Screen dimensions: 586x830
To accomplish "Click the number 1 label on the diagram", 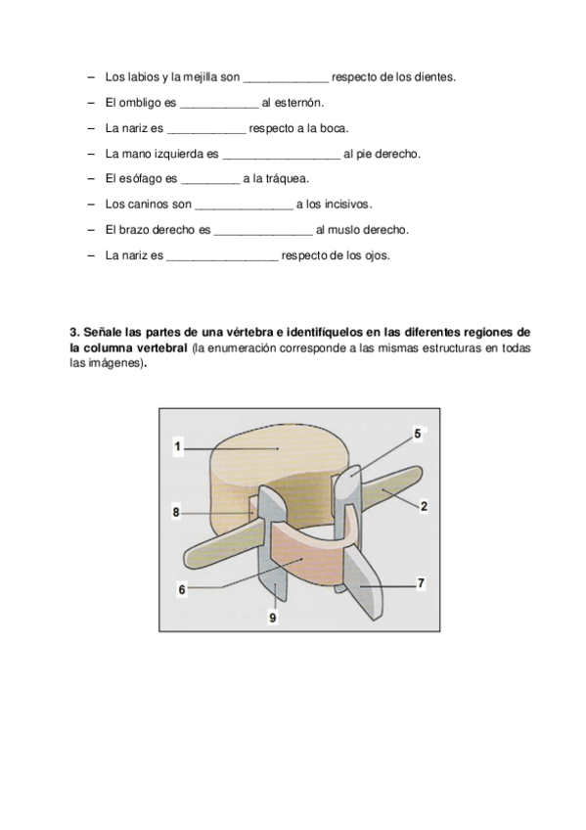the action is (x=178, y=446).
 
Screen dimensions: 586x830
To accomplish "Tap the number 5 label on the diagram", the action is (x=418, y=434).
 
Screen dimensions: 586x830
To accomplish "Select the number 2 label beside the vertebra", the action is (x=424, y=507).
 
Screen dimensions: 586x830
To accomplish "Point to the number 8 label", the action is (x=176, y=513).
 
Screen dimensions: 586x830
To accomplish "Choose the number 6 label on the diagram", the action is (x=182, y=589).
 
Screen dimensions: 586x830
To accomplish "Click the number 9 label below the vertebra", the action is (x=273, y=618).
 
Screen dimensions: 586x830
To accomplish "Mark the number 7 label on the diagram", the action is (x=421, y=583).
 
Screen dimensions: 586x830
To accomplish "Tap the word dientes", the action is (x=434, y=77).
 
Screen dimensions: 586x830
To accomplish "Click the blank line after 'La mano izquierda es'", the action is (x=282, y=158).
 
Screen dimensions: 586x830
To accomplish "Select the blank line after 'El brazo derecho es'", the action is (x=263, y=234).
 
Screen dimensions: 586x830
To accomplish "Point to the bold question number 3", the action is (x=74, y=333).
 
